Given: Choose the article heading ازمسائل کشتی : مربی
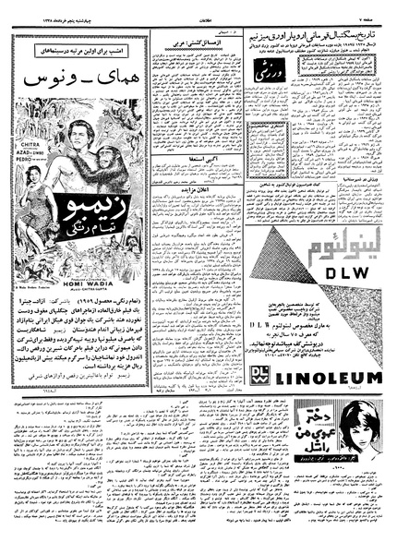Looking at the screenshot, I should [185, 42].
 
